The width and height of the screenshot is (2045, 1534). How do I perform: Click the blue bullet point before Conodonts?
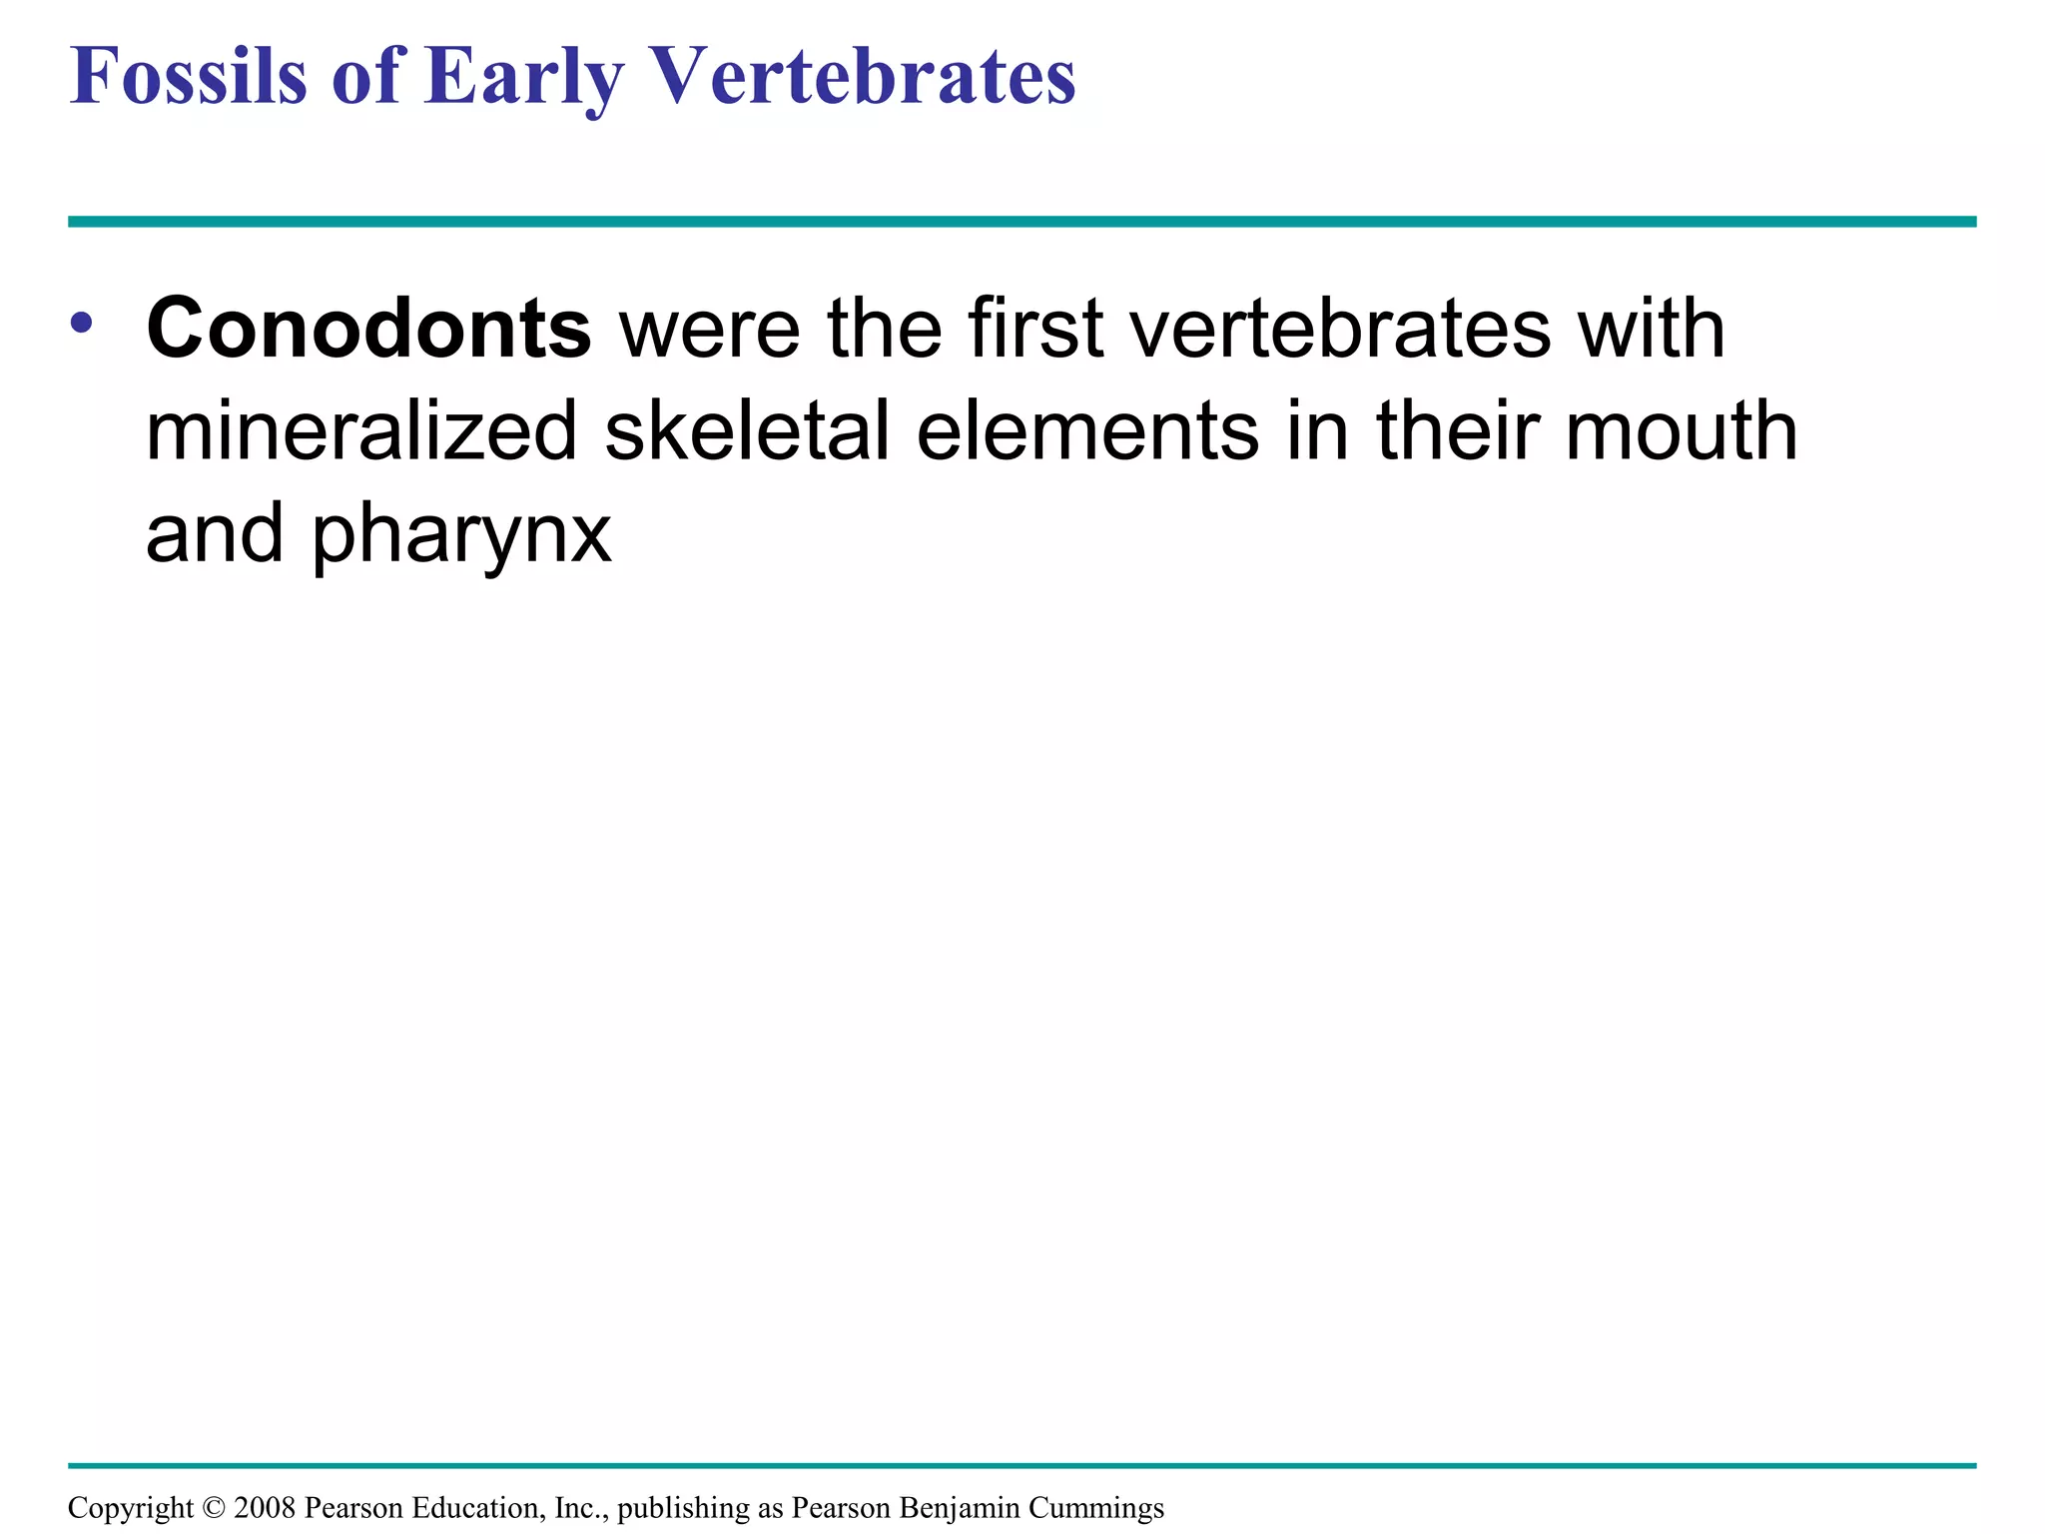coord(82,323)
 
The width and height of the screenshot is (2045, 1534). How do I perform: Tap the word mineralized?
coord(361,431)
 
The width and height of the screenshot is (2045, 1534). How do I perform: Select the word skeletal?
coord(747,431)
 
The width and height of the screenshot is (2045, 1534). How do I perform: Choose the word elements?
coord(1087,431)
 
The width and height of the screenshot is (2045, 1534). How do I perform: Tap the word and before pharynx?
coord(215,533)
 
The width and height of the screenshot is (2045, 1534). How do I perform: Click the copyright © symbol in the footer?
coord(214,1508)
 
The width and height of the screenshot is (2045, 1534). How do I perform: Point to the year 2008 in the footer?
coord(264,1508)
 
